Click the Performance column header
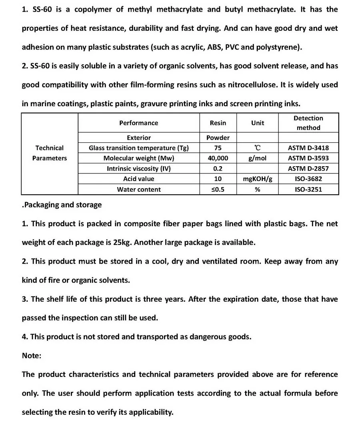(138, 123)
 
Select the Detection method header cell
(308, 123)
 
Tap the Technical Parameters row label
(50, 153)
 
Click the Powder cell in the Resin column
(218, 138)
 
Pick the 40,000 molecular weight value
(218, 158)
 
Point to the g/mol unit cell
(258, 158)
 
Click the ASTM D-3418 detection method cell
(308, 148)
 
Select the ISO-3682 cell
(308, 179)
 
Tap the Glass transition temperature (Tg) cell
(138, 148)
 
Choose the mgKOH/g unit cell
(258, 179)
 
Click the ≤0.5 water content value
(218, 189)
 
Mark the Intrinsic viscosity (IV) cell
(138, 169)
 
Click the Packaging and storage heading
(62, 205)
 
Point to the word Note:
(32, 355)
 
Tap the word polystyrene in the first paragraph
(278, 47)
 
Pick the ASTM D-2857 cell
(308, 169)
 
